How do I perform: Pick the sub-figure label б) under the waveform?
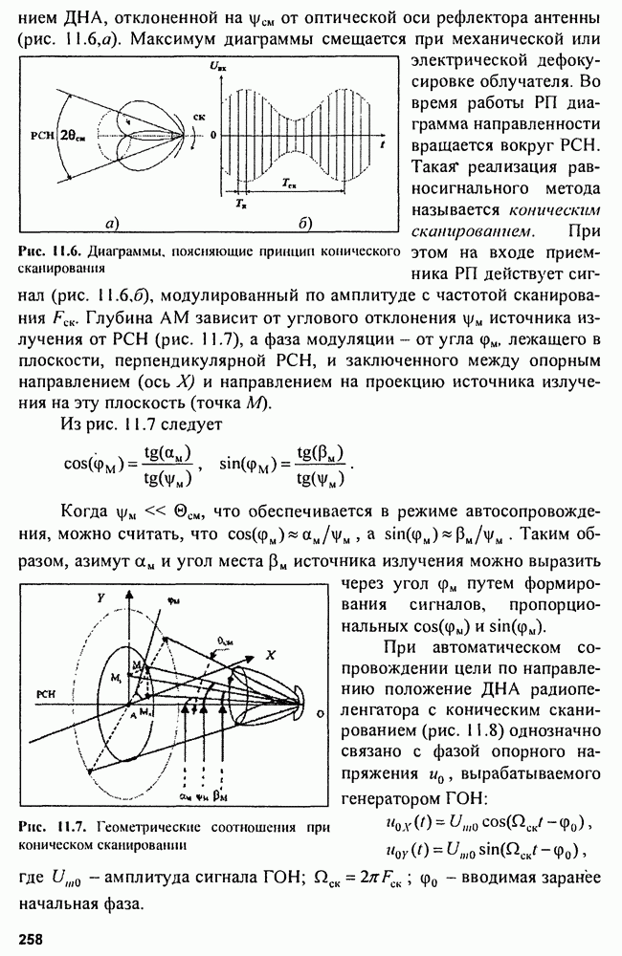pyautogui.click(x=304, y=225)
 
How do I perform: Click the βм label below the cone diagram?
pyautogui.click(x=221, y=793)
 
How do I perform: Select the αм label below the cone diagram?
pyautogui.click(x=184, y=793)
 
